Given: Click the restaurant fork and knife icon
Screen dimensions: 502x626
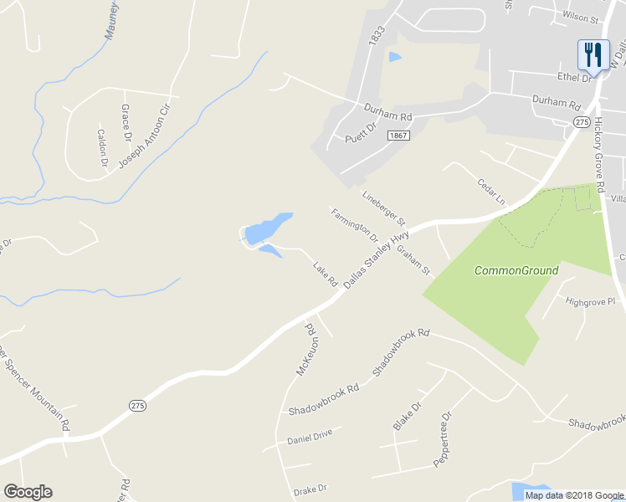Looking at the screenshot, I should [x=593, y=55].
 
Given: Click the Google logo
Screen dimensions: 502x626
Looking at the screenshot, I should [x=28, y=492].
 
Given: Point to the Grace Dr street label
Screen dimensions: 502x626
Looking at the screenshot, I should [x=126, y=123].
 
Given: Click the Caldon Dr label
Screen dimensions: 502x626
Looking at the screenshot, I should [x=103, y=146].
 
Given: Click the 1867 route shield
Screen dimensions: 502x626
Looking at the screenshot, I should [x=399, y=135].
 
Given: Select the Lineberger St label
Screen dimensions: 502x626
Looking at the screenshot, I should [x=383, y=209].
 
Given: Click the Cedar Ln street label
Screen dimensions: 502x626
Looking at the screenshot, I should [x=492, y=192].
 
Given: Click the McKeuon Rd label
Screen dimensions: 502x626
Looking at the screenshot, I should [x=304, y=349].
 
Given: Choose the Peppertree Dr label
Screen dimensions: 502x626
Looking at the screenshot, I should [x=441, y=439].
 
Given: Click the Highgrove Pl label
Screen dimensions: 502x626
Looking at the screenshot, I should [x=590, y=301].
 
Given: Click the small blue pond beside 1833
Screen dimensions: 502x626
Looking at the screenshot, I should [x=394, y=57].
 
